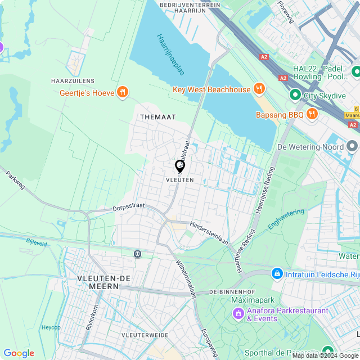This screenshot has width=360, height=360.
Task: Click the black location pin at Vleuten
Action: click(180, 166)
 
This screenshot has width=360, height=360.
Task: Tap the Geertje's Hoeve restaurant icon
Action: click(123, 92)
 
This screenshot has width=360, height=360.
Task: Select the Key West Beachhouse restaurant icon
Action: click(259, 89)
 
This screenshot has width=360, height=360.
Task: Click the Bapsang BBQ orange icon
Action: click(312, 115)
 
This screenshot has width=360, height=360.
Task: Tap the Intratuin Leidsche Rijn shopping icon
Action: click(277, 274)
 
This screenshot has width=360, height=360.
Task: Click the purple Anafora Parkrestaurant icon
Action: click(238, 313)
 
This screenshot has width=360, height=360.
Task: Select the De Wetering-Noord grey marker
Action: click(352, 147)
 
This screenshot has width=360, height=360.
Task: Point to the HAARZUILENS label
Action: click(73, 81)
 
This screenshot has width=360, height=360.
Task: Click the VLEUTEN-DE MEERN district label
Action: click(98, 282)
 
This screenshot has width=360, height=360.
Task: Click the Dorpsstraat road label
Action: click(129, 206)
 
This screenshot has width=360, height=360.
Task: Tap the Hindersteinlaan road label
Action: click(209, 232)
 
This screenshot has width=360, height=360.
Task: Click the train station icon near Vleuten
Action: click(137, 254)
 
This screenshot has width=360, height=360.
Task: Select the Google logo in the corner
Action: click(19, 353)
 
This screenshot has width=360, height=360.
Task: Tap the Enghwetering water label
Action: click(286, 219)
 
